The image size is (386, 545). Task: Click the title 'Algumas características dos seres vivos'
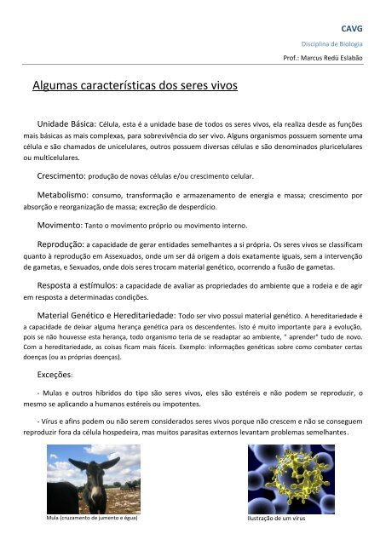pos(135,85)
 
